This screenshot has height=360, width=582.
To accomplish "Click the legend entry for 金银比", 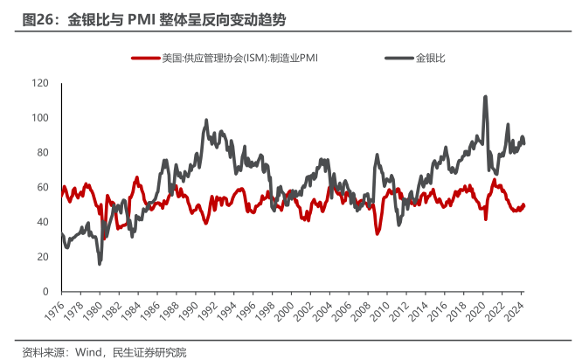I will [x=431, y=59].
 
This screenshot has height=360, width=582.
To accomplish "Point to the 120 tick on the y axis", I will [x=39, y=83].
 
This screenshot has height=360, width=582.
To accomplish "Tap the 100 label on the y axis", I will [x=39, y=118].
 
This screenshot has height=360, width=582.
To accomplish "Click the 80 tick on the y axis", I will [x=42, y=153].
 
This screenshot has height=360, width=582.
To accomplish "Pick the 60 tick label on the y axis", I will [x=42, y=187].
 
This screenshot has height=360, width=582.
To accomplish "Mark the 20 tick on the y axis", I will [x=42, y=257].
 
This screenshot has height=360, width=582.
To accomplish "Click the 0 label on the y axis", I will [x=45, y=291].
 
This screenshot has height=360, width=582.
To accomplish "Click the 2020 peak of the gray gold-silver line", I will [x=485, y=97].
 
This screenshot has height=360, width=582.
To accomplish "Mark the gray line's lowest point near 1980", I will [x=100, y=263].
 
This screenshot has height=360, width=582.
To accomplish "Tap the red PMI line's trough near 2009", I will [x=377, y=233].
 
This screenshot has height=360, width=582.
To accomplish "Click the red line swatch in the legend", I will [x=145, y=59].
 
